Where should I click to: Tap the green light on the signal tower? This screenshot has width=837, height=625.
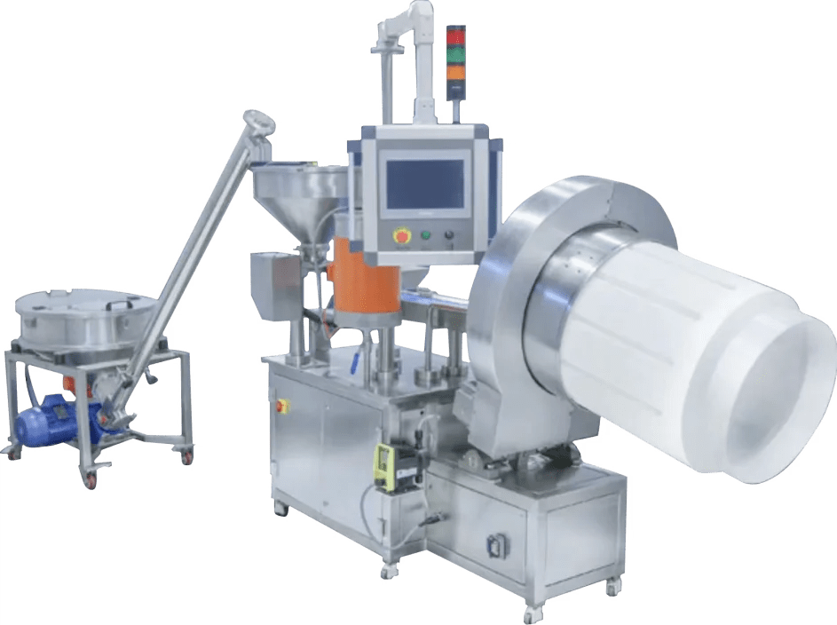[455, 54]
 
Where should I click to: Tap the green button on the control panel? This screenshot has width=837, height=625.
[425, 235]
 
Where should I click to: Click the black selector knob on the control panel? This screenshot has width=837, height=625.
[448, 235]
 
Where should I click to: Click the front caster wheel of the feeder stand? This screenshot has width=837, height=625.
[92, 479]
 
